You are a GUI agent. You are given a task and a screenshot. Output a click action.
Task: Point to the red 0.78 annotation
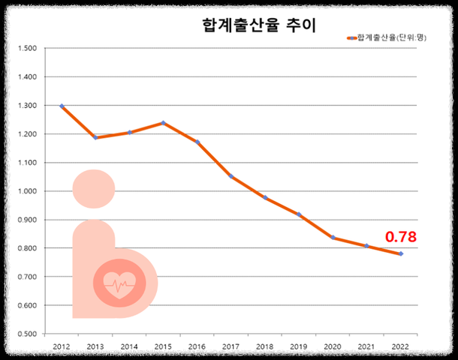click(400, 237)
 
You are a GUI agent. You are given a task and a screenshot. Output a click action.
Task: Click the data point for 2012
click(62, 106)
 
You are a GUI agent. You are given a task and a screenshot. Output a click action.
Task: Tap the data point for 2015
click(163, 123)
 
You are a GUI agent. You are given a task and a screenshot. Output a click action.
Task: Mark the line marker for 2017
click(231, 176)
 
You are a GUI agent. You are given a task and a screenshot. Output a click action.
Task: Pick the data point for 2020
click(333, 238)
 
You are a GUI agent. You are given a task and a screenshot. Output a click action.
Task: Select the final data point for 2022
click(400, 254)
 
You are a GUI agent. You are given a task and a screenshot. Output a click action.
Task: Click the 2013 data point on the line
click(95, 138)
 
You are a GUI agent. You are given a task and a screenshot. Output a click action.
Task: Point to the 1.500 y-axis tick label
click(27, 49)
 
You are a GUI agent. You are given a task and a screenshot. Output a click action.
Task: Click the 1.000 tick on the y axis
click(27, 191)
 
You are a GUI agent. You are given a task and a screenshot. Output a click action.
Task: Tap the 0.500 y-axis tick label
click(27, 334)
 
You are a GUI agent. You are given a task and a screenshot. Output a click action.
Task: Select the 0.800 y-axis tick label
click(27, 248)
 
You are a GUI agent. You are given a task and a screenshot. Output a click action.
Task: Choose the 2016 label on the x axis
click(197, 347)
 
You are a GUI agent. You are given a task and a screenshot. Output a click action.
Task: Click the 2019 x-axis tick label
click(299, 347)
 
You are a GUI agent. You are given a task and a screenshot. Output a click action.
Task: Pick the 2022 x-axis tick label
click(400, 347)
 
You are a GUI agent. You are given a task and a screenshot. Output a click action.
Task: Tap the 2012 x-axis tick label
click(62, 347)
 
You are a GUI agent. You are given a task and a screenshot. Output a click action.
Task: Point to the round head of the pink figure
click(94, 189)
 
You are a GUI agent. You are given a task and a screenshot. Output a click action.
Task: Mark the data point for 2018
click(265, 197)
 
